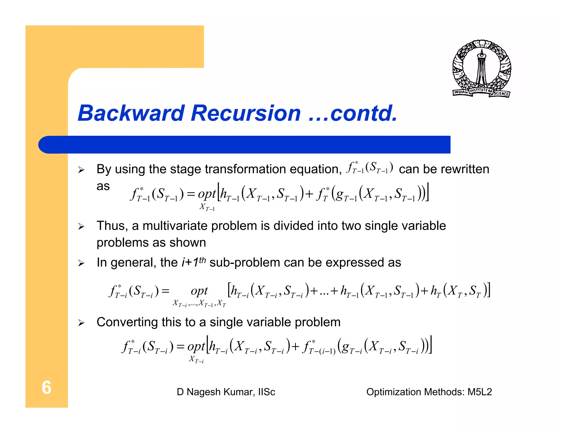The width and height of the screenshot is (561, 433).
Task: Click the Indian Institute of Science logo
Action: click(x=481, y=68)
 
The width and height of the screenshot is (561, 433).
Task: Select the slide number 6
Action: click(x=46, y=388)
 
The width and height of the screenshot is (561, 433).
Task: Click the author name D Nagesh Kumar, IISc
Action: click(x=226, y=392)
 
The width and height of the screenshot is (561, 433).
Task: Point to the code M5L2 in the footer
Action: click(x=480, y=392)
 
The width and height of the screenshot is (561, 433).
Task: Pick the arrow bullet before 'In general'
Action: click(x=81, y=263)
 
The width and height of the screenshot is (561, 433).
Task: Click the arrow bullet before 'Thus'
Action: click(x=81, y=227)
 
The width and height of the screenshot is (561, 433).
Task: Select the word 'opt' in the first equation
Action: click(x=207, y=194)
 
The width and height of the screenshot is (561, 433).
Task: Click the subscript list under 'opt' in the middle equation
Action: click(x=199, y=304)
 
